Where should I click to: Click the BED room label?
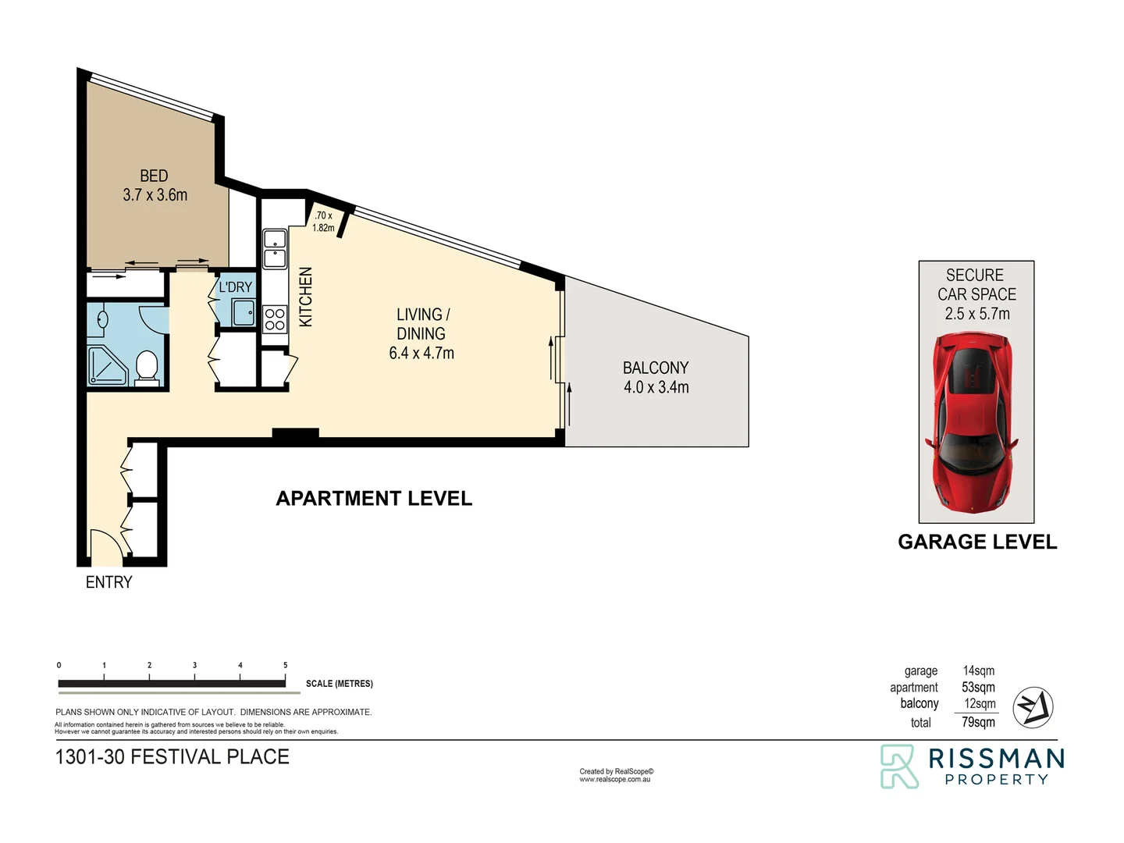(154, 176)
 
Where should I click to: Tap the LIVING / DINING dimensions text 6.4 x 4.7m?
(421, 353)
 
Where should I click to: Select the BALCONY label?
(656, 368)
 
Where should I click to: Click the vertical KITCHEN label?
(306, 297)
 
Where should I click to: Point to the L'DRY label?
(235, 287)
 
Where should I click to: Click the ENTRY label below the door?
(108, 582)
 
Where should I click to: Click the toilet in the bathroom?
(147, 367)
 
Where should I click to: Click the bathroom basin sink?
(102, 318)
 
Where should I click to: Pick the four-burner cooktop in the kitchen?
(275, 319)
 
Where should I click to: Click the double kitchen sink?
(274, 248)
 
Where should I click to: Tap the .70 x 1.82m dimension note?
(323, 222)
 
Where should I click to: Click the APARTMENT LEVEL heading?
(374, 499)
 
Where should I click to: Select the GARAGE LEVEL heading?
(977, 542)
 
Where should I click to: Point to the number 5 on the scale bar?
(285, 666)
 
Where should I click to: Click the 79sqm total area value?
(978, 722)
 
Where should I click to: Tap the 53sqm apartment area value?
(978, 687)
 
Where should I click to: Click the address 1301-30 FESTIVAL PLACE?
(172, 756)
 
